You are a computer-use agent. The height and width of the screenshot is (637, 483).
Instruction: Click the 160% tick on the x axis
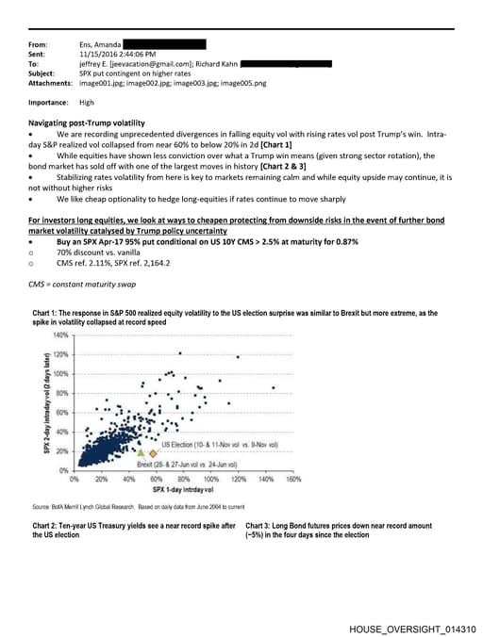click(292, 479)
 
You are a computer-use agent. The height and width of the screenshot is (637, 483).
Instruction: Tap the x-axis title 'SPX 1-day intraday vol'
click(186, 491)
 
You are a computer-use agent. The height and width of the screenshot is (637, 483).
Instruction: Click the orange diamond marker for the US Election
click(154, 454)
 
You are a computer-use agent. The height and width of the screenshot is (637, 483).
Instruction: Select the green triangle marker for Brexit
click(142, 454)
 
